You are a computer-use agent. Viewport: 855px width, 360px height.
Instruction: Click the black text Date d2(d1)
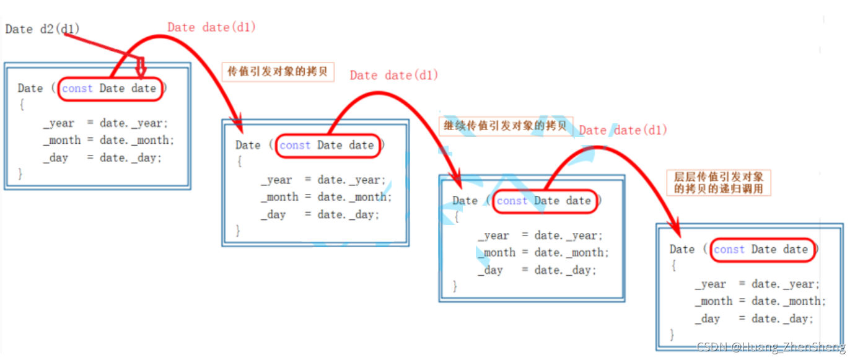[42, 29]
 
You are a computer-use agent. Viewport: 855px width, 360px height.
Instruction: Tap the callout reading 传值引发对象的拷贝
[278, 72]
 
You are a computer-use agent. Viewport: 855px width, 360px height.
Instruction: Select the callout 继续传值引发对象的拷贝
[506, 126]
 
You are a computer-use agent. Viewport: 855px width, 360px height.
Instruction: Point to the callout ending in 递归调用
[719, 182]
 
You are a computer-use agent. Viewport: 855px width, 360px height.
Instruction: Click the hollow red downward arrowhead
[141, 68]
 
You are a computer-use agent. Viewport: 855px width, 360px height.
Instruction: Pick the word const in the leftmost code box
[77, 89]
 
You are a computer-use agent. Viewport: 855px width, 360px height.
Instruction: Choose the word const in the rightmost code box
[729, 249]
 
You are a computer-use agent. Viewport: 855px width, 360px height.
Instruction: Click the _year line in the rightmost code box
[756, 284]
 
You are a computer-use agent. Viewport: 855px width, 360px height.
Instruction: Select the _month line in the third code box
[543, 252]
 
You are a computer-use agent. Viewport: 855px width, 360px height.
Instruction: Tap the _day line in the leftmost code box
[102, 157]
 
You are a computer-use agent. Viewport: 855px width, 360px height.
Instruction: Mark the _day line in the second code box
[320, 214]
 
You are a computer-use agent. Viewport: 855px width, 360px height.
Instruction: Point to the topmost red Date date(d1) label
[211, 27]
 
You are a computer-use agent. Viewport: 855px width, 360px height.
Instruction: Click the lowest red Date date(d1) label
[622, 130]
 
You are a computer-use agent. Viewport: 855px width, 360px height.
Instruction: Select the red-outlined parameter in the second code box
[327, 145]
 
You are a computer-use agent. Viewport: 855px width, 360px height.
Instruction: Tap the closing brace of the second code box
[238, 230]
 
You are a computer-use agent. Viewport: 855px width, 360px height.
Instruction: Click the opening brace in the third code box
[456, 217]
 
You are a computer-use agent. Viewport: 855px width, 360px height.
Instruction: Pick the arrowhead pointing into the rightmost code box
[675, 230]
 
